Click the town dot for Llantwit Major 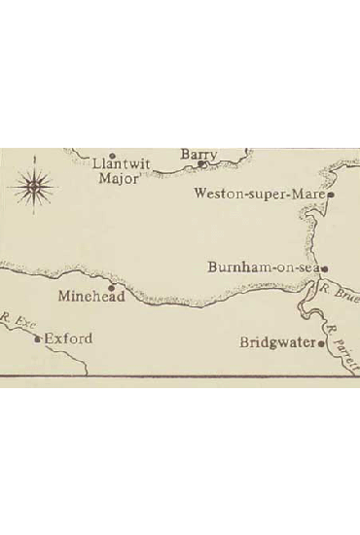pyautogui.click(x=112, y=156)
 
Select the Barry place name pyautogui.click(x=198, y=155)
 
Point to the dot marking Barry pyautogui.click(x=200, y=164)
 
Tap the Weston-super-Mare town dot pyautogui.click(x=331, y=195)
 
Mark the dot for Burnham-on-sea pyautogui.click(x=325, y=267)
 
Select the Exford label pyautogui.click(x=67, y=339)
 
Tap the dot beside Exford pyautogui.click(x=38, y=339)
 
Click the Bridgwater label pyautogui.click(x=277, y=342)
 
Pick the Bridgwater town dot pyautogui.click(x=322, y=342)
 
